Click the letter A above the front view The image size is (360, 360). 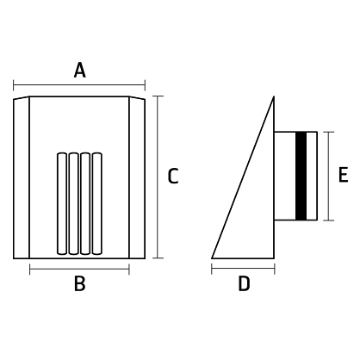pos(79,71)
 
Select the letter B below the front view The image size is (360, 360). pos(79,283)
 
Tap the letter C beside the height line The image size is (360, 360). pos(173,176)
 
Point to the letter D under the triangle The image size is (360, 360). pos(244,283)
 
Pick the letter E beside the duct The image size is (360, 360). pos(344,174)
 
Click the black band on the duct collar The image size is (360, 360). pos(301,176)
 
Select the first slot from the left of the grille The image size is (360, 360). pos(62,203)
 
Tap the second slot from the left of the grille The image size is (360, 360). pos(73,203)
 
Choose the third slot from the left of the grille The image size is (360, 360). pos(85,203)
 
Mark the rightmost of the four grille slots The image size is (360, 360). pos(96,203)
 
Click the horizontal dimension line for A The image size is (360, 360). pos(79,85)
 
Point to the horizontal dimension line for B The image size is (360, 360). pos(79,269)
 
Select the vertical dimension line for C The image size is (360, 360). pos(158,177)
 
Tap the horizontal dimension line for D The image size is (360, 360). pos(243,269)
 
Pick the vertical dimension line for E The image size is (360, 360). pos(328,176)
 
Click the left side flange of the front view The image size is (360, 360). pos(22,178)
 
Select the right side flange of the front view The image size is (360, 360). pos(137,178)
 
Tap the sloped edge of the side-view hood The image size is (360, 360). pos(243,177)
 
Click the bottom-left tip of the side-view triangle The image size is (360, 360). pos(212,258)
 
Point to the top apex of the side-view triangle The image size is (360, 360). pos(274,96)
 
